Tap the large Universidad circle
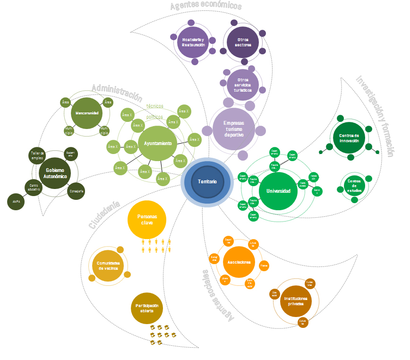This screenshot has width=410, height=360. point(278,191)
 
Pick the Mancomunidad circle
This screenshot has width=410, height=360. point(86,113)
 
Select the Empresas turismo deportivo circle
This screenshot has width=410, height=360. point(233,129)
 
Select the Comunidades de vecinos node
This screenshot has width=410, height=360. point(108,266)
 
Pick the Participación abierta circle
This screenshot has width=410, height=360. point(146,309)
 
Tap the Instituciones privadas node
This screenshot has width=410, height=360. point(296,301)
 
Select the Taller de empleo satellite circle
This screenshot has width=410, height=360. point(37,155)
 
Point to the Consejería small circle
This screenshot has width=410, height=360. point(77,191)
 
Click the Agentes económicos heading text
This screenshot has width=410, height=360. point(206,6)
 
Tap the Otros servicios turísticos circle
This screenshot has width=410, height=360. point(243,85)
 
